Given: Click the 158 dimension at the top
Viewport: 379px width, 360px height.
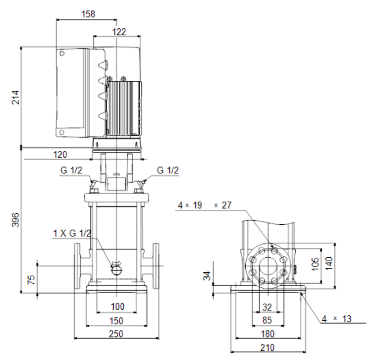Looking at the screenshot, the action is click(x=88, y=14).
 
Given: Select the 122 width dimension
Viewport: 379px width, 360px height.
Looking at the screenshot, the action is click(x=119, y=32).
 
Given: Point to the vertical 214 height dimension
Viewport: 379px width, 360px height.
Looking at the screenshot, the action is click(x=15, y=97).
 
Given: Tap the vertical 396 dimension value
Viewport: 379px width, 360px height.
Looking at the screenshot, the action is click(x=15, y=220).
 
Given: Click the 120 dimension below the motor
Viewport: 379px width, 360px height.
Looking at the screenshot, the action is click(x=60, y=154).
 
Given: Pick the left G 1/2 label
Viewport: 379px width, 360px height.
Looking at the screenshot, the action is click(x=71, y=170).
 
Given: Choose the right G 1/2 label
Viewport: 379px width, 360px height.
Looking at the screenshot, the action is click(x=168, y=170).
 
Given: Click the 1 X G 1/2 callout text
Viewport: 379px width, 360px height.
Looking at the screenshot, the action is click(x=72, y=233).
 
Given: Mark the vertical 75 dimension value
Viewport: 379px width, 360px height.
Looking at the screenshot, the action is click(x=31, y=280).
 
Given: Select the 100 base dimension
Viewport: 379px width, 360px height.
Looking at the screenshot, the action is click(x=118, y=307).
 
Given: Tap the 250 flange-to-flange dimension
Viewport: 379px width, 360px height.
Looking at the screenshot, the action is click(x=116, y=334).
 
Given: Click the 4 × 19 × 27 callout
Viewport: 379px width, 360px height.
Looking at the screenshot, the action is click(x=205, y=205).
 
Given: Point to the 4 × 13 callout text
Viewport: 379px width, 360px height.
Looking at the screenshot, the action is click(x=337, y=319).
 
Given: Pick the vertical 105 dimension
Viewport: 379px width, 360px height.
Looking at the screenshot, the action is click(x=316, y=264).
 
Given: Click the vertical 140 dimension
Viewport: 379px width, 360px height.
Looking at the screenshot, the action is click(x=329, y=264).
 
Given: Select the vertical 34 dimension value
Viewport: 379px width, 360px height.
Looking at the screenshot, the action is click(x=207, y=275).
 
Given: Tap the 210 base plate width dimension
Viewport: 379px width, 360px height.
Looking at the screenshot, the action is click(x=267, y=348).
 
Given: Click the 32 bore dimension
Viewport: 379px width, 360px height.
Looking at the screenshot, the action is click(x=267, y=307).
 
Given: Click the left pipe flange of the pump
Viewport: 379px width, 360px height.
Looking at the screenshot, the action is click(x=77, y=266).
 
